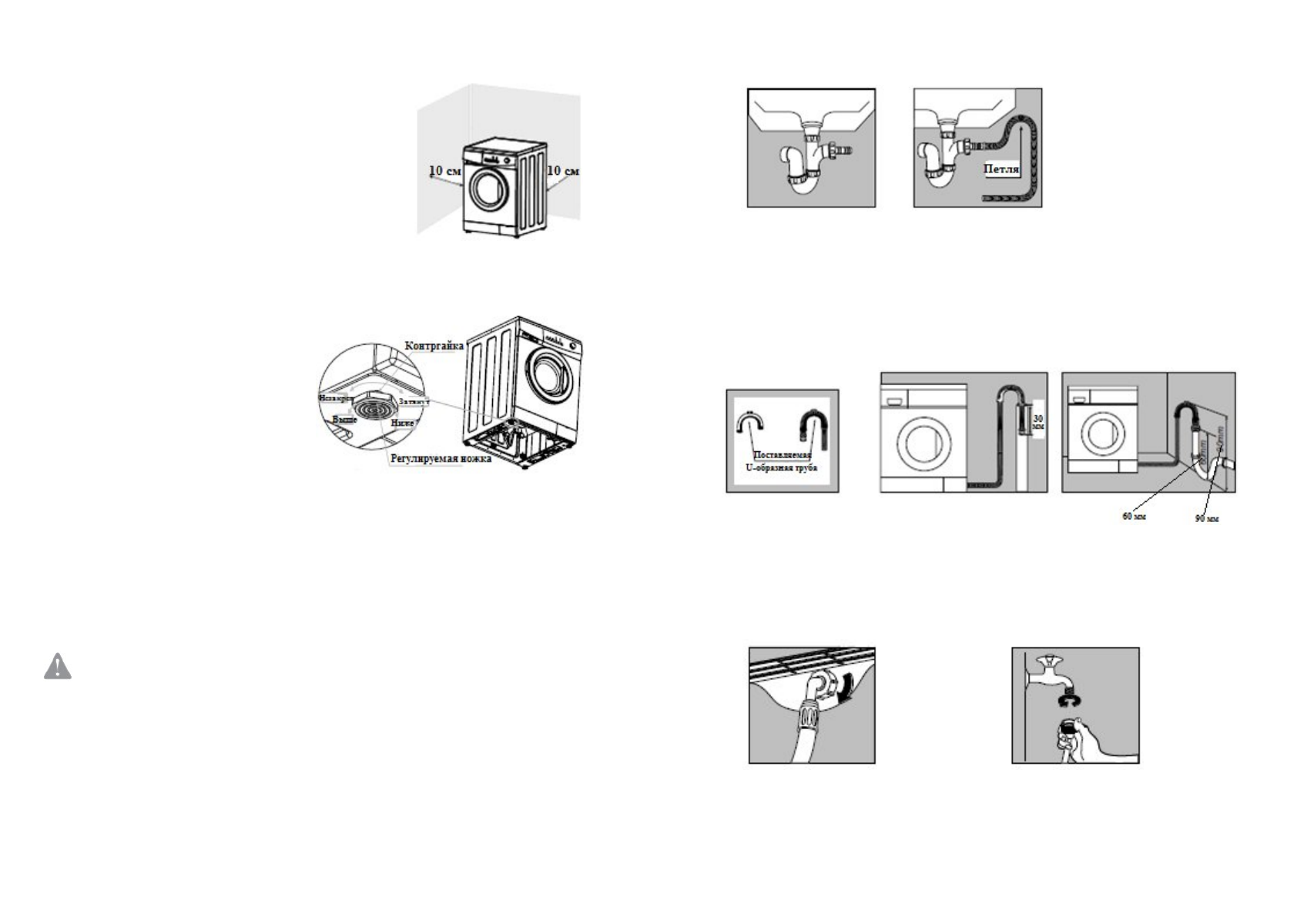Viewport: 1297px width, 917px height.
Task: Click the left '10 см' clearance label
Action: click(444, 171)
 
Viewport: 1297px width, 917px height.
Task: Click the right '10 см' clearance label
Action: click(562, 170)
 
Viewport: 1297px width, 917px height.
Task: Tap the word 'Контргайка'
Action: click(434, 346)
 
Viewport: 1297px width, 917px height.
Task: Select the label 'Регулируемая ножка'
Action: click(441, 459)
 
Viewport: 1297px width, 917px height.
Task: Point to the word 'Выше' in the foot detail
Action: click(344, 420)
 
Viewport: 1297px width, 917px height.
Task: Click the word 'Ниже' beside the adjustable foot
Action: click(402, 423)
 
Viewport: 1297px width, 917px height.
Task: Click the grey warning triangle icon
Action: click(58, 667)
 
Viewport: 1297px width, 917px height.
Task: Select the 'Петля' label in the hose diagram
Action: click(1001, 169)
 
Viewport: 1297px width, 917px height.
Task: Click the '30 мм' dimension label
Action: click(1037, 422)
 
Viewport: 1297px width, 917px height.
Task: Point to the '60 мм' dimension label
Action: click(1133, 517)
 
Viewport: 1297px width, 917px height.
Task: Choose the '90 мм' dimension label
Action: click(1206, 519)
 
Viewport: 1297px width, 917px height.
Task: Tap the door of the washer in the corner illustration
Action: click(488, 189)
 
